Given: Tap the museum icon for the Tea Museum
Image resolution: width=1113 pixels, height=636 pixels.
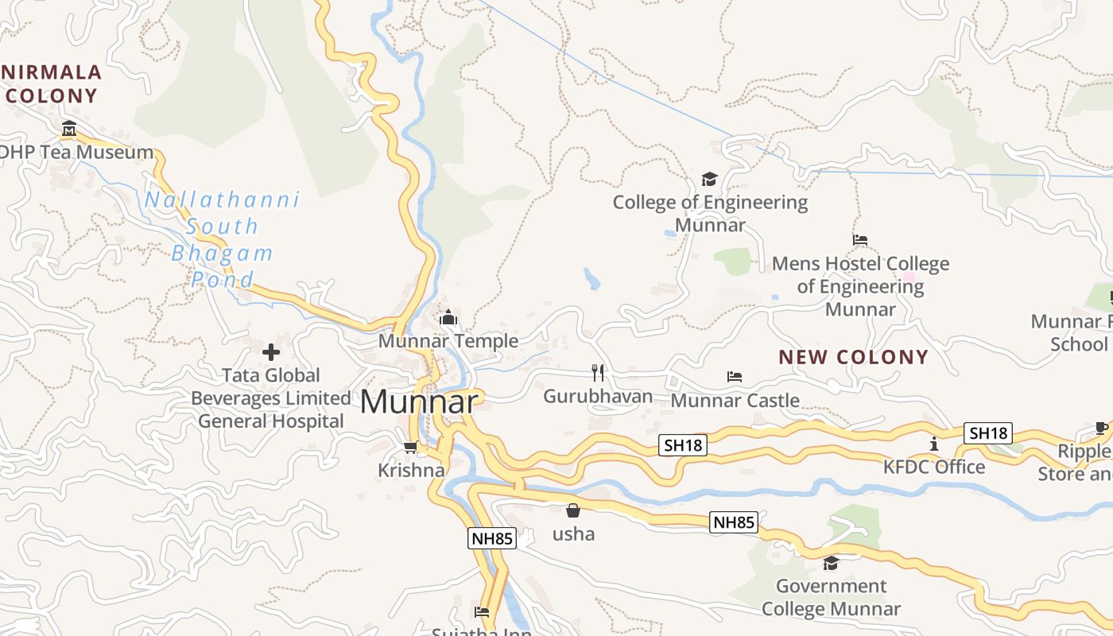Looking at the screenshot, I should pos(69,128).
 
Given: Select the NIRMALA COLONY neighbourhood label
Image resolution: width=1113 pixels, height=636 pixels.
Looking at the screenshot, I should pos(51,84).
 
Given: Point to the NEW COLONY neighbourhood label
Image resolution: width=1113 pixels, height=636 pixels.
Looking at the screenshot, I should pos(853,357).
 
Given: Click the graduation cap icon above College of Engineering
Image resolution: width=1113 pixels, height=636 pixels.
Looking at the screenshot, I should pos(709,179).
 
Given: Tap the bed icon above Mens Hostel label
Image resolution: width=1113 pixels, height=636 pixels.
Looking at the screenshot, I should pos(859,239).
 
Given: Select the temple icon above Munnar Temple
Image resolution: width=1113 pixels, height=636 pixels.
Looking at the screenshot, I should pos(448,318).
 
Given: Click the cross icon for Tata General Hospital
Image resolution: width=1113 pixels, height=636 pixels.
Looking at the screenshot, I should pos(271,351).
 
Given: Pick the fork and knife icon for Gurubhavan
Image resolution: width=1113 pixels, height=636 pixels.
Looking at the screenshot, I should pos(598,372).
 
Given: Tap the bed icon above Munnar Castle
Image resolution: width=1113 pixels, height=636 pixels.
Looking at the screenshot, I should pos(735,376).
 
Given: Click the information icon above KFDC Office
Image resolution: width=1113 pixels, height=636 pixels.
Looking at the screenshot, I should pos(934,444).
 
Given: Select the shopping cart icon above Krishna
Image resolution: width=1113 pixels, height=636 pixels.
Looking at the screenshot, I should pos(410,448).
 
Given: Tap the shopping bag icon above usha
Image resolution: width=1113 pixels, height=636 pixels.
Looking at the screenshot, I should pos(572,510).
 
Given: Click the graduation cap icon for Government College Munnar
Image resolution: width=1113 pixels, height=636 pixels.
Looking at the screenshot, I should pos(831,563).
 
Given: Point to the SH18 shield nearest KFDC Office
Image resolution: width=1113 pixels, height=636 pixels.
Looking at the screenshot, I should pos(988,433).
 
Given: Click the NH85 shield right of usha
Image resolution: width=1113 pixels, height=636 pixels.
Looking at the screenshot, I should pos(734,522).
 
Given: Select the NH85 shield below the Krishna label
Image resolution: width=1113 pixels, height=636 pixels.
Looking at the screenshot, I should pos(491,538).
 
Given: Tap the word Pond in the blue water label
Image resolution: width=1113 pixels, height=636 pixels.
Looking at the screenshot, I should pos(223,280).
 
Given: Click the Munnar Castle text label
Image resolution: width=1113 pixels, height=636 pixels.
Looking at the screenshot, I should pos(735,400).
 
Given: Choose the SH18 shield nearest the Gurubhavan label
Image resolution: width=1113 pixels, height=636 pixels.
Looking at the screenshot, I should pos(682,445).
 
